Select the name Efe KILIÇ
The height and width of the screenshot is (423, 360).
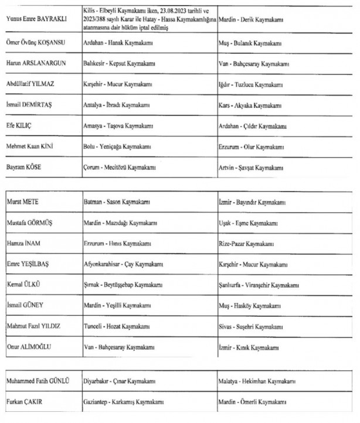(x=21, y=126)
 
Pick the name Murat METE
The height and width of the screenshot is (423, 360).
(x=22, y=202)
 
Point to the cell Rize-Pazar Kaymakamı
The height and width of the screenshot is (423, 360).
(x=246, y=244)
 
